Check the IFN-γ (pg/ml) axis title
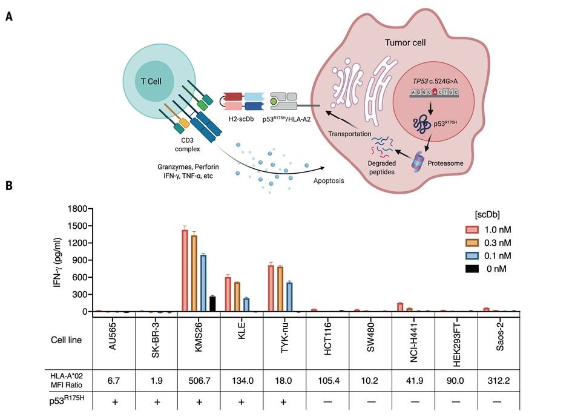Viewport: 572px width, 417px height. click(x=58, y=260)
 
